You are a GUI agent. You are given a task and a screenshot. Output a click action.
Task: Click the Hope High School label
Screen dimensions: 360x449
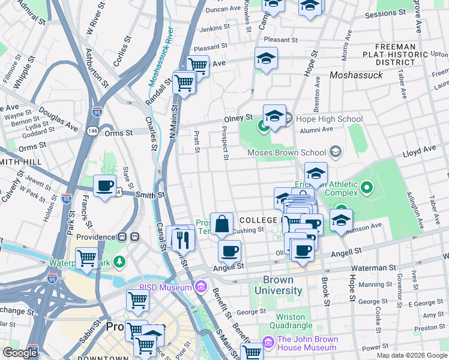[x=328, y=119]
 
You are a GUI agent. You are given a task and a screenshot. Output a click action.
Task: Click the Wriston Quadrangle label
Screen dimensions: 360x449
[x=295, y=321]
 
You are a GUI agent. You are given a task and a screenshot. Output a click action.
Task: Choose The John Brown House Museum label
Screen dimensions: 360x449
[x=307, y=343]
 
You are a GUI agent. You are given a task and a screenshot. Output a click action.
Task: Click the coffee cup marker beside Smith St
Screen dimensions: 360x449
[x=105, y=186]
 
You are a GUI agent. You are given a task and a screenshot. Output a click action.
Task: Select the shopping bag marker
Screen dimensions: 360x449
[x=221, y=224]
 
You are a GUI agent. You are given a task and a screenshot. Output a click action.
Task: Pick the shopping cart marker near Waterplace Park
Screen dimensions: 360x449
[x=87, y=259]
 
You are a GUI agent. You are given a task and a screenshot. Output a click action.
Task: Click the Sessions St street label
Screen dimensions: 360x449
[x=389, y=13]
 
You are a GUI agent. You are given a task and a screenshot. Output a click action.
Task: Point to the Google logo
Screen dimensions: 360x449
[x=20, y=353]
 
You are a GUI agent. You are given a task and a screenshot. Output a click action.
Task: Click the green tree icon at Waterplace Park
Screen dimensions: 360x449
[x=121, y=261]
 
